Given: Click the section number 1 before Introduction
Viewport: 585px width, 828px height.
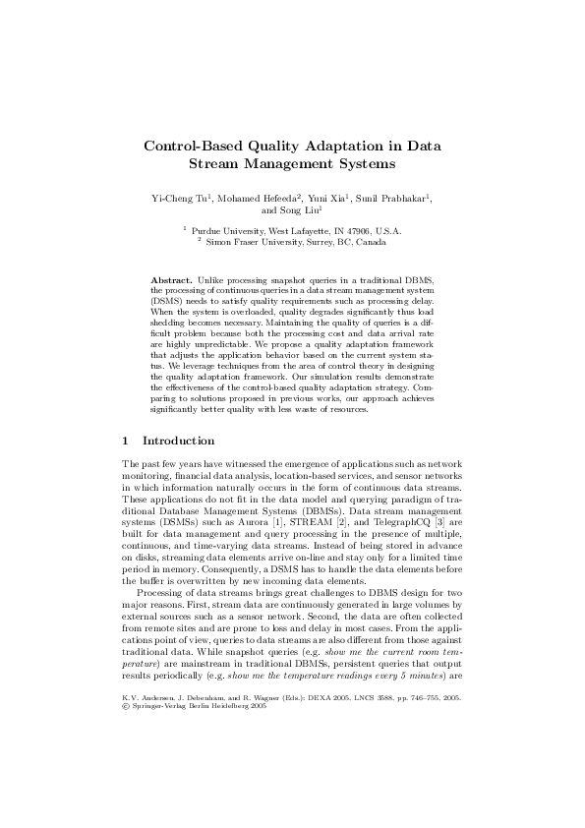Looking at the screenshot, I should point(126,441).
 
